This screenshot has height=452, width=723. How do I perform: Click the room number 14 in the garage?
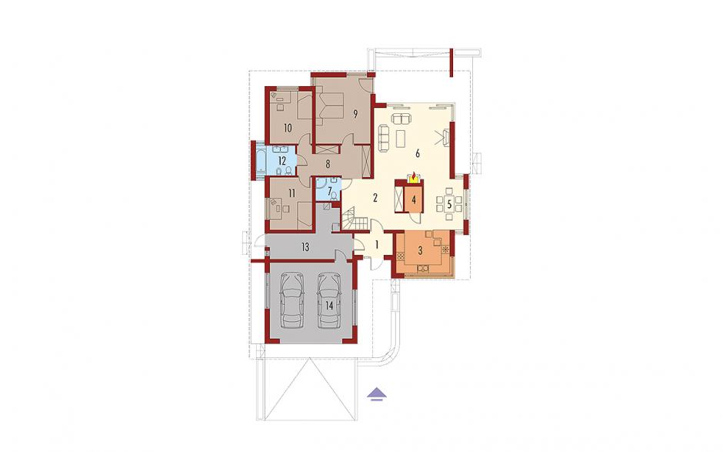[329, 305]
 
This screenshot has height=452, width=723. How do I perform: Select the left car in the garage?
[293, 300]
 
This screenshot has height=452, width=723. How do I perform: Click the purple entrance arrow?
[377, 394]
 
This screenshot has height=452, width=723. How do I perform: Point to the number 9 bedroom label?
[355, 115]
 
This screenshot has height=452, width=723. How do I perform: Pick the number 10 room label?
[288, 129]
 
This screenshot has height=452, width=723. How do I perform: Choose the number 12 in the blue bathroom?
[282, 161]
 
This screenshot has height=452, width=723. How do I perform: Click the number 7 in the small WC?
[330, 190]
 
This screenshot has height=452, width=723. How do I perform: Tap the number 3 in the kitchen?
[420, 251]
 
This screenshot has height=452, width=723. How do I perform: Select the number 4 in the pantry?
[414, 200]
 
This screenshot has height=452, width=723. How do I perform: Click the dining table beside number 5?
[449, 203]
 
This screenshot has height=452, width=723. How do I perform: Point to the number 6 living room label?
[418, 154]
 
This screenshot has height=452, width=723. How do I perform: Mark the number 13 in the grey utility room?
[305, 247]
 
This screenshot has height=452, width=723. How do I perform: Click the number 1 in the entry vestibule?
[377, 245]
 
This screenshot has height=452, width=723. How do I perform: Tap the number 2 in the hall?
[375, 199]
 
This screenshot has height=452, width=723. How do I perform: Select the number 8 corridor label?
[328, 164]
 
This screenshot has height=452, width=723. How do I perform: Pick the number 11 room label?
[291, 193]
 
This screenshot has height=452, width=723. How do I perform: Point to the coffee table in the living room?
[401, 139]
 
